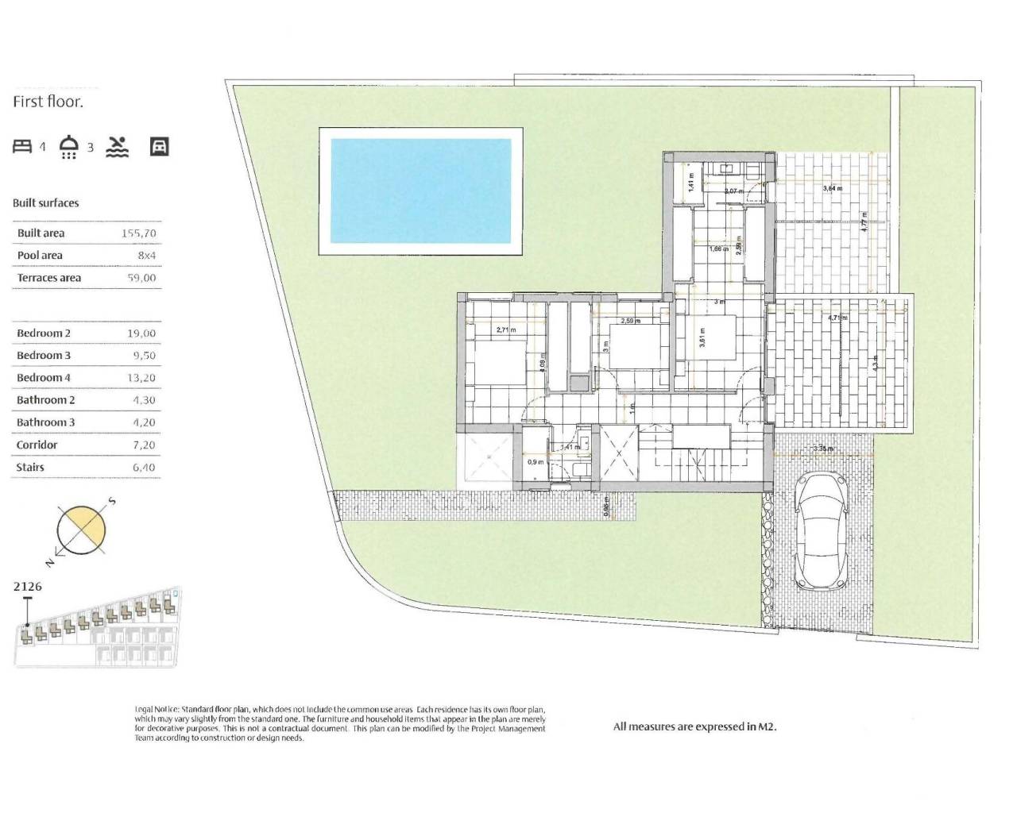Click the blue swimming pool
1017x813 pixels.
[x=420, y=191]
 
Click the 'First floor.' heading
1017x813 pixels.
[x=48, y=102]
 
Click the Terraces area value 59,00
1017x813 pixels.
[x=142, y=278]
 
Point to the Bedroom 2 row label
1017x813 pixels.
[x=44, y=333]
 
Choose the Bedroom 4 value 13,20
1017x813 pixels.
[x=142, y=378]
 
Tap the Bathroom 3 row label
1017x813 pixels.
[x=46, y=422]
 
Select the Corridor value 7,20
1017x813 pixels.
[x=144, y=445]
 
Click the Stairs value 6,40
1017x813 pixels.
[x=143, y=468]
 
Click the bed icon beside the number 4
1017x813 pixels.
[x=22, y=146]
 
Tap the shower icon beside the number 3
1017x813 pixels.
[x=70, y=147]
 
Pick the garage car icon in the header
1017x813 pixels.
[x=159, y=146]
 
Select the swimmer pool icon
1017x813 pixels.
[x=118, y=146]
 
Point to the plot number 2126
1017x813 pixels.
[x=27, y=587]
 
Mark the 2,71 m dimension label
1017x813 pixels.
[x=505, y=329]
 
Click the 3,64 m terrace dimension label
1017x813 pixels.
[x=832, y=188]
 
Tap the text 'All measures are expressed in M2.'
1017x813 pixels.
[x=694, y=726]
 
